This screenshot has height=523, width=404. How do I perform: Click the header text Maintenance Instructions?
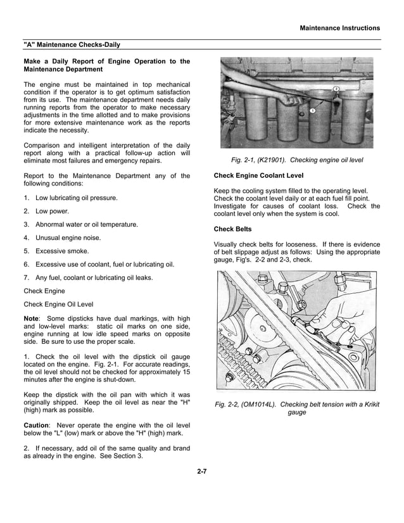click(339, 28)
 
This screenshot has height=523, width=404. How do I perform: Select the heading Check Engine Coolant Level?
click(258, 175)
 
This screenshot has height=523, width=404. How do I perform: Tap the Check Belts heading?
click(233, 229)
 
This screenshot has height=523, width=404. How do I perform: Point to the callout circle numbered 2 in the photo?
click(336, 88)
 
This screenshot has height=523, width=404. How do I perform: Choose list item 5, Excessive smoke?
click(61, 251)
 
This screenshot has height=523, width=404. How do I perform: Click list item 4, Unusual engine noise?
click(68, 237)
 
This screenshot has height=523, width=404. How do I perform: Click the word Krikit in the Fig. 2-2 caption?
click(368, 404)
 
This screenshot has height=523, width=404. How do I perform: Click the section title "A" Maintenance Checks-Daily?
click(72, 45)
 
